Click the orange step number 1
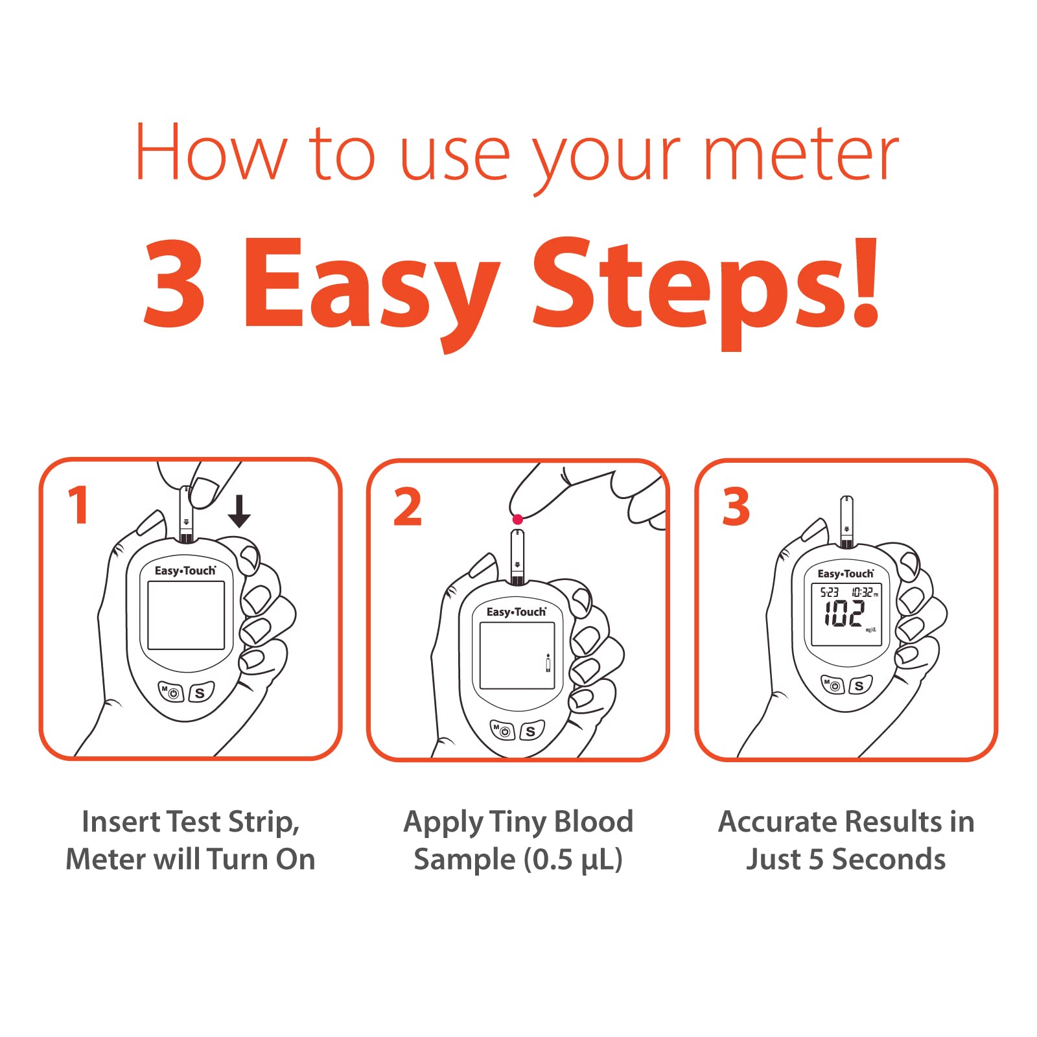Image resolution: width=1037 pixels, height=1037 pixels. (78, 505)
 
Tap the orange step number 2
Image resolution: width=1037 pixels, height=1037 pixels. (408, 507)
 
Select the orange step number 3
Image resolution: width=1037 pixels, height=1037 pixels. (736, 507)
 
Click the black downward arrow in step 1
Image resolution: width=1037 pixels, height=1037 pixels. (239, 511)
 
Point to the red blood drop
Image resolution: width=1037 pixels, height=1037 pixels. (517, 519)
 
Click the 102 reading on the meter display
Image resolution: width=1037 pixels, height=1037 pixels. (844, 613)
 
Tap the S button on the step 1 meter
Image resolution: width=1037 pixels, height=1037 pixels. (200, 693)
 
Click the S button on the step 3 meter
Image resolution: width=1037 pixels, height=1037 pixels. (859, 685)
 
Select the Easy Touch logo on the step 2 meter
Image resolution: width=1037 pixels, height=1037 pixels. (517, 612)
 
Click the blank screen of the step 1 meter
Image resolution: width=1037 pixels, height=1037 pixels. (186, 615)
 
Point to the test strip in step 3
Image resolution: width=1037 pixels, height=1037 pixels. (846, 522)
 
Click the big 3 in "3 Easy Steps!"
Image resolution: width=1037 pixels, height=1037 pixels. (174, 283)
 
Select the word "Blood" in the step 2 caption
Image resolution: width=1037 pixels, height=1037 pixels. (594, 821)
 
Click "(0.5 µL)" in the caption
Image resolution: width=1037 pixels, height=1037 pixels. (573, 860)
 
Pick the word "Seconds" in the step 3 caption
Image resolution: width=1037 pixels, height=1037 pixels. (889, 859)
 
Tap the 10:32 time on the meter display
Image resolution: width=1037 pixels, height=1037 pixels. (862, 592)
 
